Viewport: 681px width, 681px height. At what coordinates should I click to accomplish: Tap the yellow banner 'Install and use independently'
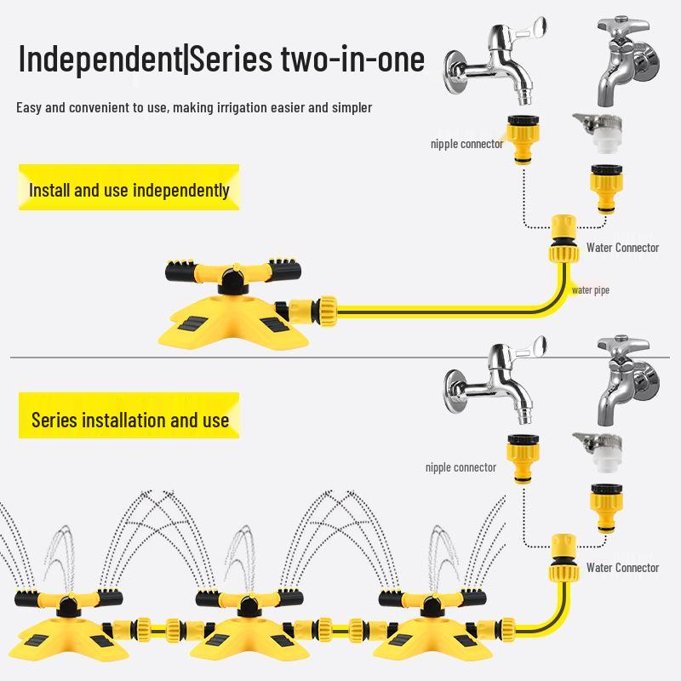click(129, 189)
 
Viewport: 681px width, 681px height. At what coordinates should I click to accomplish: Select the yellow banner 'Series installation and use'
click(129, 419)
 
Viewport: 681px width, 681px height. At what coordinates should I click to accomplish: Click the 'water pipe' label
click(590, 290)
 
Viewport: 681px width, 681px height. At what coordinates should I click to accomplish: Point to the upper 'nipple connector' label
click(466, 144)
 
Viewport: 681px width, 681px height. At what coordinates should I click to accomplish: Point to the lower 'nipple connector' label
click(461, 467)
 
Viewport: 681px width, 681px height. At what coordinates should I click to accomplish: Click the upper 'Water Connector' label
click(622, 248)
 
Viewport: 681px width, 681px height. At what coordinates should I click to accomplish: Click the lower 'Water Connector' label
click(622, 567)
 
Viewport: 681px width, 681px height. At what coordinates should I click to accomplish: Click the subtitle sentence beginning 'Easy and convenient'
click(194, 108)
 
